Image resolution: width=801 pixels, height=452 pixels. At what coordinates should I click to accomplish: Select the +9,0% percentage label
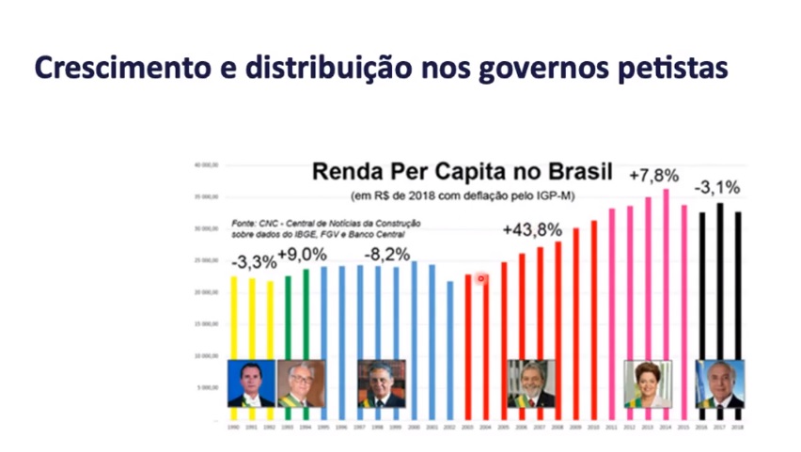coord(302,255)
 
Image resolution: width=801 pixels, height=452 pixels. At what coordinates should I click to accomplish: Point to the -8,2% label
coord(385,253)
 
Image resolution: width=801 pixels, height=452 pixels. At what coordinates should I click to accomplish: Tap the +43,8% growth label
coord(532,229)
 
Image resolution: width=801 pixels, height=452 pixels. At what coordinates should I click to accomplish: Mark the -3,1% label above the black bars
coord(717,187)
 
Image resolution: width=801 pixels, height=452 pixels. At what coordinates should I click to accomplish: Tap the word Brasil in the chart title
coord(572,172)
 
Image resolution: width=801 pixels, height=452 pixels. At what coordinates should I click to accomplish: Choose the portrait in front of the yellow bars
coord(252,383)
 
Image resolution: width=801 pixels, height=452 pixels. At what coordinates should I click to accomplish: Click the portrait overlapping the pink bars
coord(648,383)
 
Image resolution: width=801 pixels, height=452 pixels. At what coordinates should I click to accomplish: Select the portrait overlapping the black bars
coord(719,383)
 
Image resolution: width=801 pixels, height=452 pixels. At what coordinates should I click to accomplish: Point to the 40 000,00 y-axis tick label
coord(205,164)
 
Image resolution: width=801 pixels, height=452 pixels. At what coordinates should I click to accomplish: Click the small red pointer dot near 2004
coord(480,278)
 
